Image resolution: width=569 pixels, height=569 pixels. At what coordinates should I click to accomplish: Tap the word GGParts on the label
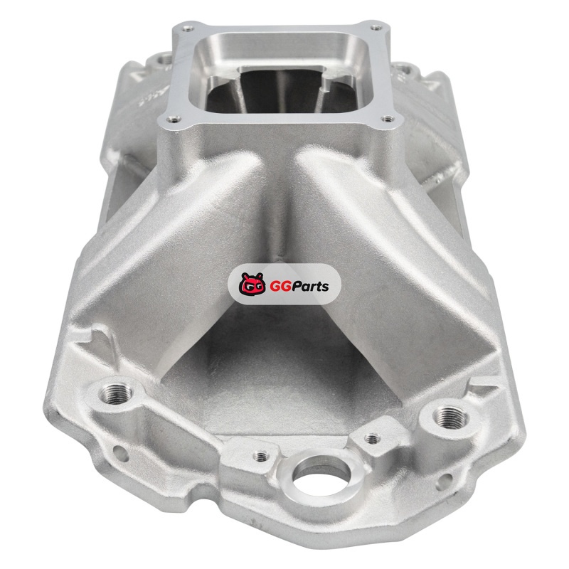[299, 287]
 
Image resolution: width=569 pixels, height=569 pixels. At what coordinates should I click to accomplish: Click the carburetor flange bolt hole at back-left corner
[188, 28]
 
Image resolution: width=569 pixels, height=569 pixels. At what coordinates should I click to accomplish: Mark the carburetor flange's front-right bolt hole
[388, 119]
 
